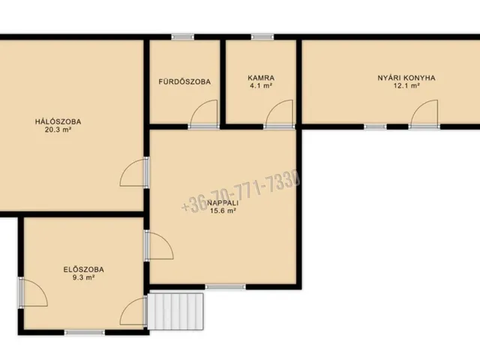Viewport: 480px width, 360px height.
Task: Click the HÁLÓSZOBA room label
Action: pyautogui.click(x=58, y=121)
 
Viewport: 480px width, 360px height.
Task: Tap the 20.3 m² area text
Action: pyautogui.click(x=58, y=130)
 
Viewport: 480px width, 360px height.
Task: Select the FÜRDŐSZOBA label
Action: pyautogui.click(x=184, y=82)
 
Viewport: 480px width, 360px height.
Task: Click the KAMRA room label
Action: pyautogui.click(x=261, y=78)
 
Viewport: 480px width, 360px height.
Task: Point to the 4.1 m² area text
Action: pyautogui.click(x=261, y=85)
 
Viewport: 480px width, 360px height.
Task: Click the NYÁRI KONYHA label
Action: pyautogui.click(x=406, y=78)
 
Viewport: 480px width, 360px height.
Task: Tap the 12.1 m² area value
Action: pyautogui.click(x=406, y=85)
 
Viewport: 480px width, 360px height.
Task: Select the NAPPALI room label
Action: pyautogui.click(x=223, y=202)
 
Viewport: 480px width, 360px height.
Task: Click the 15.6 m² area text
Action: pyautogui.click(x=223, y=211)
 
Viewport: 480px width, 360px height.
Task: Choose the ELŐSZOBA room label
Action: pyautogui.click(x=83, y=270)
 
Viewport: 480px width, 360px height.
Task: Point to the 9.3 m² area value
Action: pyautogui.click(x=83, y=277)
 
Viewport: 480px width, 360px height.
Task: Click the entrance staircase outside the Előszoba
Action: pyautogui.click(x=175, y=312)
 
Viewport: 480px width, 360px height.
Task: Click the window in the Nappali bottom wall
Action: pyautogui.click(x=225, y=286)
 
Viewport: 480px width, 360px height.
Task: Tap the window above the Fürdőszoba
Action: pyautogui.click(x=182, y=37)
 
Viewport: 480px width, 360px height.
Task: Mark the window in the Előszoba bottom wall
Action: pyautogui.click(x=85, y=332)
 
